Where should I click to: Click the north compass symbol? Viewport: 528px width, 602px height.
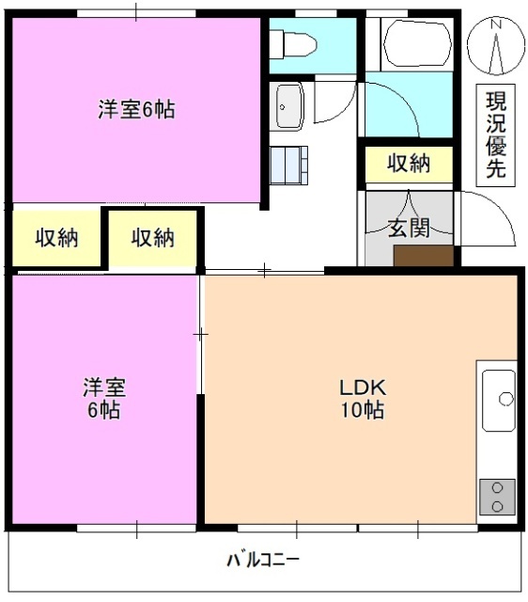498,47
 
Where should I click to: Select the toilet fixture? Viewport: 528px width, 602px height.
294,45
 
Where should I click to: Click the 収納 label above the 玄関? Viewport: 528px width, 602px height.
409,164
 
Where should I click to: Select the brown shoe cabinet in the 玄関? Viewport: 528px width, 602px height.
423,257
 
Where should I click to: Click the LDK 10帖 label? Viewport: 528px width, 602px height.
360,399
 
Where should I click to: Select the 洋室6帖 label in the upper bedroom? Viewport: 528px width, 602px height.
136,109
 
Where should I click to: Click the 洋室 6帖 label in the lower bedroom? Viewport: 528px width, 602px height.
104,399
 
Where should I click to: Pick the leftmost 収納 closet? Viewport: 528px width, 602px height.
56,237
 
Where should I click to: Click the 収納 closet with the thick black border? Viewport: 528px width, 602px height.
153,237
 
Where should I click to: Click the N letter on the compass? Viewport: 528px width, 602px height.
499,24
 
